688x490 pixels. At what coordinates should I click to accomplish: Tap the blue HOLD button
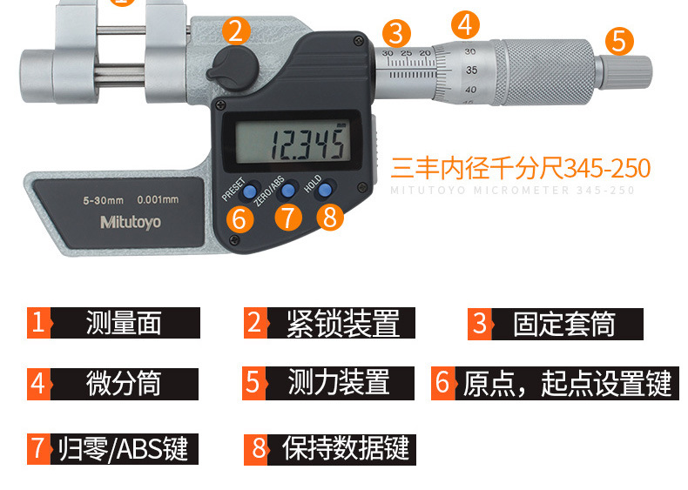click(326, 189)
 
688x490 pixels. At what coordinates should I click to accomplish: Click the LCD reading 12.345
click(306, 143)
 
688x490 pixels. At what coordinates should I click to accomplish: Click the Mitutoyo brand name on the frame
click(131, 222)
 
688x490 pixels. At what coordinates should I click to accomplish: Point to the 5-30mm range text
click(103, 199)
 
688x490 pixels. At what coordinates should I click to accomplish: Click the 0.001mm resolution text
click(157, 199)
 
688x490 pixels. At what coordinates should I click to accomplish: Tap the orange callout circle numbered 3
click(396, 34)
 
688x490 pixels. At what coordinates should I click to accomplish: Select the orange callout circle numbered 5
click(618, 40)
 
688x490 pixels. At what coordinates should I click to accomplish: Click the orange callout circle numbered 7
click(288, 217)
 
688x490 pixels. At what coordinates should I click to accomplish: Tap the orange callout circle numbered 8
click(329, 217)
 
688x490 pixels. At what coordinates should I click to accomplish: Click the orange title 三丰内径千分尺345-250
click(520, 168)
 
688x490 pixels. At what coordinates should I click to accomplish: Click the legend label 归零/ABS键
click(123, 449)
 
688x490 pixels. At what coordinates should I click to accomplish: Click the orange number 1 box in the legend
click(38, 323)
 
